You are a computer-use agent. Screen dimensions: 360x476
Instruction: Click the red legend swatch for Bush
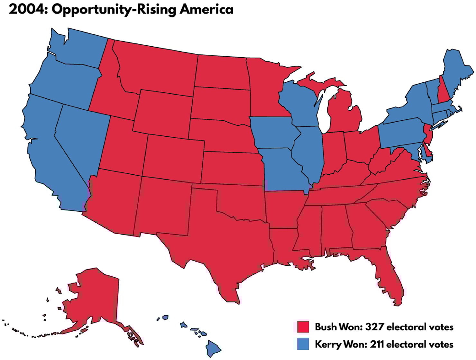pyautogui.click(x=303, y=327)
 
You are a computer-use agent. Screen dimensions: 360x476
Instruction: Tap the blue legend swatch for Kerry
pyautogui.click(x=303, y=344)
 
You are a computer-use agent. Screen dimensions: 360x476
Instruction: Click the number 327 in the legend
pyautogui.click(x=374, y=327)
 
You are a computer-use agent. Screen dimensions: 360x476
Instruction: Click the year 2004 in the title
pyautogui.click(x=27, y=9)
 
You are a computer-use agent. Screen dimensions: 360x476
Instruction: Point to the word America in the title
pyautogui.click(x=206, y=9)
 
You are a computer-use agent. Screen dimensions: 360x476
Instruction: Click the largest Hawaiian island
pyautogui.click(x=213, y=348)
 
